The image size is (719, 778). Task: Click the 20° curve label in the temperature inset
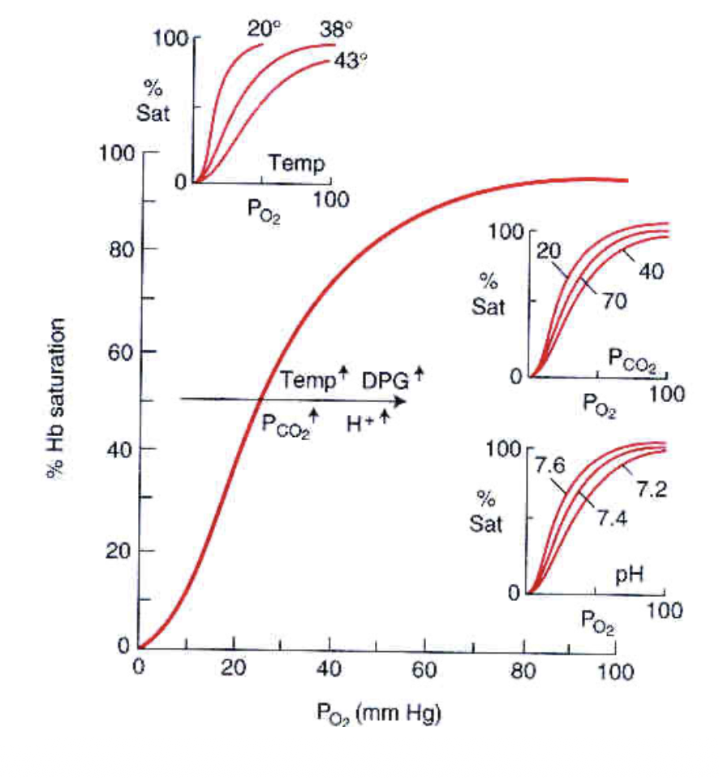264,29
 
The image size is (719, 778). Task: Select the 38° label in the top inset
337,29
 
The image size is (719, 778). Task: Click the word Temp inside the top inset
297,165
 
